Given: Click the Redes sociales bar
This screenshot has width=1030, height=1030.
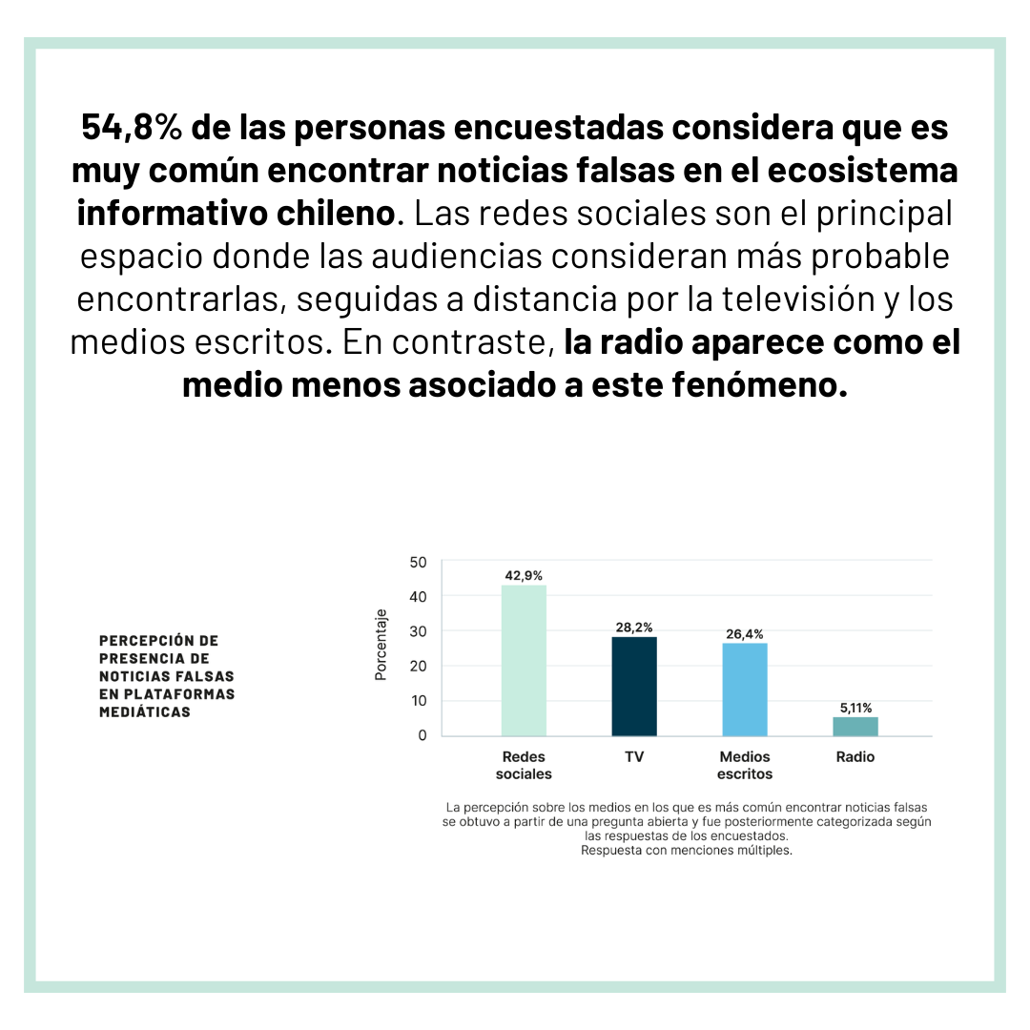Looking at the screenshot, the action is [x=524, y=660].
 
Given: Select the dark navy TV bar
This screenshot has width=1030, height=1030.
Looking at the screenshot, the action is [x=634, y=687].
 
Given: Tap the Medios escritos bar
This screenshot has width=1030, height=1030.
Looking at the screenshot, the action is [x=745, y=690].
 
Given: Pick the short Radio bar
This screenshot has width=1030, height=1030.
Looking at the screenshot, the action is [x=855, y=727].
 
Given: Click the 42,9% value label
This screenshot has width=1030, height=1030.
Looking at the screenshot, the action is [x=524, y=575].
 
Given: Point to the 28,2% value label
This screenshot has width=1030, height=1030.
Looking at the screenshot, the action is [x=634, y=628].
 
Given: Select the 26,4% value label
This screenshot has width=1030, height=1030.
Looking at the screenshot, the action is [x=745, y=634].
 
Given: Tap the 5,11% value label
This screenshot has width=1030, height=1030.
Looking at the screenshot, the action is [x=855, y=708].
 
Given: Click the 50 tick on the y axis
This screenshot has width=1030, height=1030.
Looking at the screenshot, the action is [x=419, y=563].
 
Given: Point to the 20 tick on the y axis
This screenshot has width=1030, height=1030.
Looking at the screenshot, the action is [x=419, y=666].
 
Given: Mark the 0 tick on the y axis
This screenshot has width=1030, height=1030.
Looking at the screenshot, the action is [x=422, y=735].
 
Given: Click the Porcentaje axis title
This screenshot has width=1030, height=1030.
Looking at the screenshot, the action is [x=381, y=645].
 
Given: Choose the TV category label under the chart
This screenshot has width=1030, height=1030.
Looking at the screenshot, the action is [x=634, y=756].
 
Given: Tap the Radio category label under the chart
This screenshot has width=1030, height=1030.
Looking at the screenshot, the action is [x=855, y=756].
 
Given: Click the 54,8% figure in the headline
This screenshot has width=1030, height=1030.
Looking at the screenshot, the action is [x=132, y=127].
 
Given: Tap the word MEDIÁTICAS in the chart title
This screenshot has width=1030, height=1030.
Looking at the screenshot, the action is [x=145, y=711].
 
